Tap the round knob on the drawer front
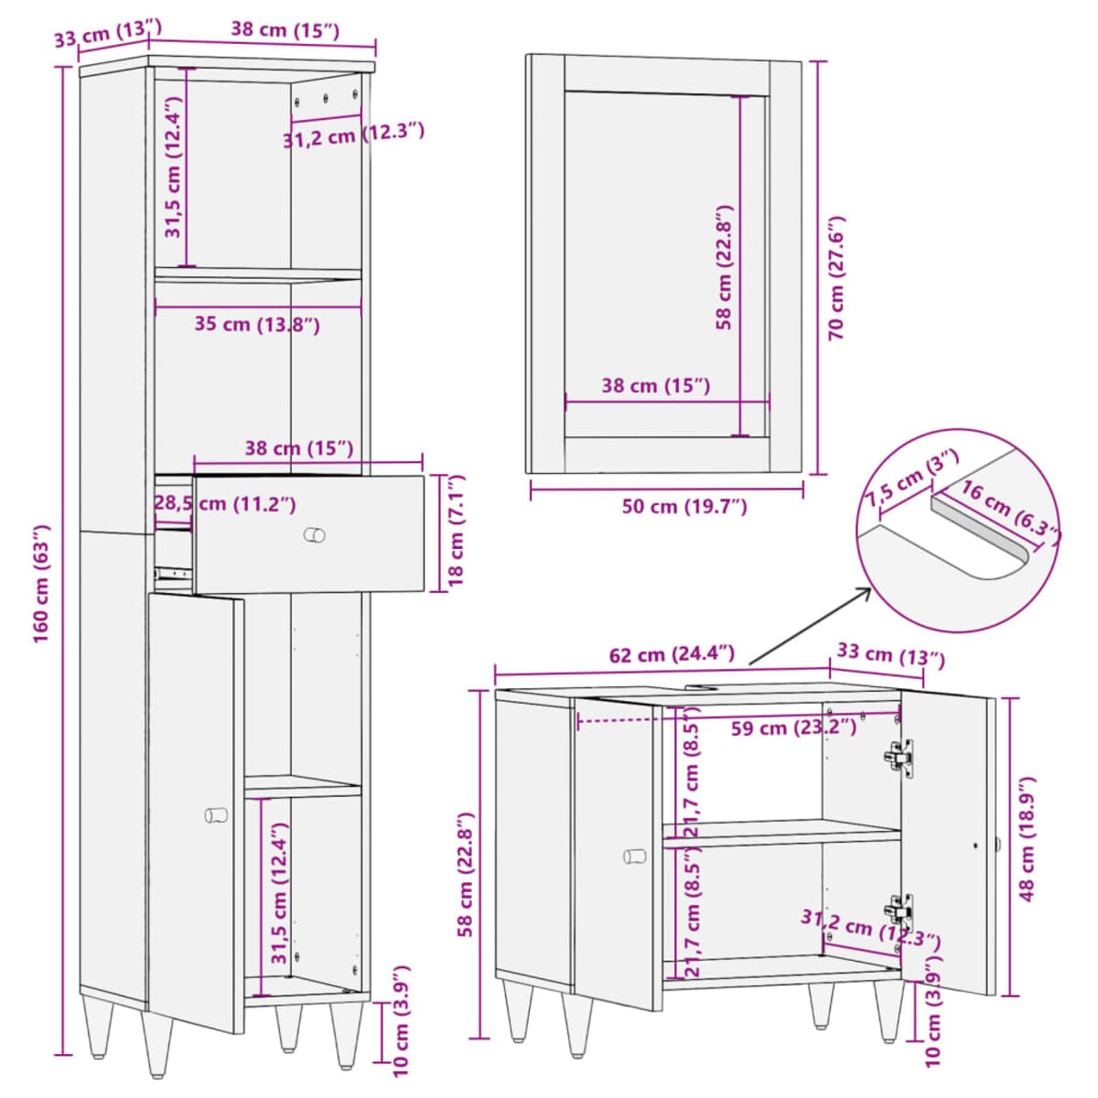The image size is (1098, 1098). pos(314,534)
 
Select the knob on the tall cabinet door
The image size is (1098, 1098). pos(216,815)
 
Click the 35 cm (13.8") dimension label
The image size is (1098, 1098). pos(257,325)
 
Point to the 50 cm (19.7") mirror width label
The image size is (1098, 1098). pos(684,506)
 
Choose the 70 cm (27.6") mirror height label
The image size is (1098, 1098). pos(836,279)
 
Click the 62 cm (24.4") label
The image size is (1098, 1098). pos(672,654)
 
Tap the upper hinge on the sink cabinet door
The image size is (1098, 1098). pos(899,759)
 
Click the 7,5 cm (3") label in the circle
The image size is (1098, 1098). pos(911,478)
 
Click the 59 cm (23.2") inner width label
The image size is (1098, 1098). pos(793,727)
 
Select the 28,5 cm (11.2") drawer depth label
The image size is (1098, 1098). pos(226,503)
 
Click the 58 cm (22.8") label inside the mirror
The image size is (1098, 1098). pos(724,268)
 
